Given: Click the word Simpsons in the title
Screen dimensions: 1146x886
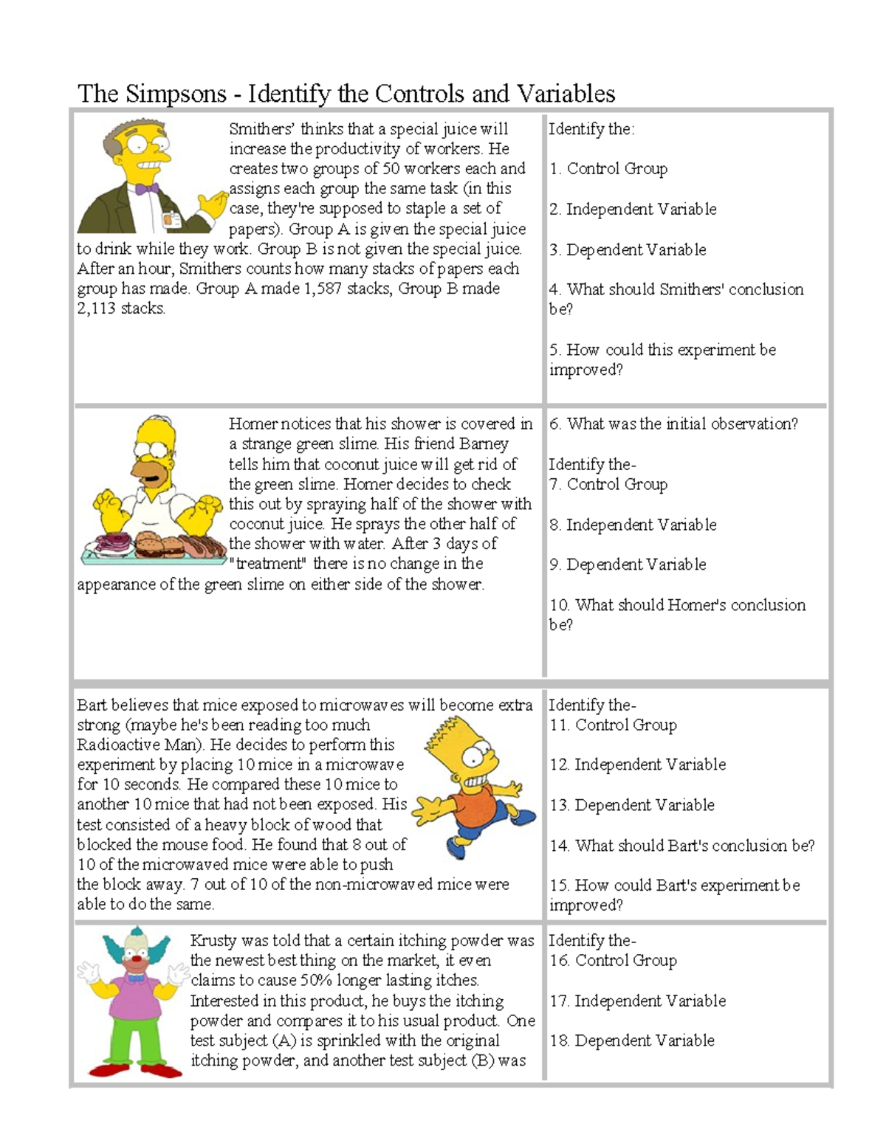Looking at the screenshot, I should [x=176, y=94].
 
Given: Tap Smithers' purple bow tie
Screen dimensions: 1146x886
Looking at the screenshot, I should [x=147, y=189].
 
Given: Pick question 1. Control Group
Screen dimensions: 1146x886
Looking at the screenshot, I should [x=608, y=169].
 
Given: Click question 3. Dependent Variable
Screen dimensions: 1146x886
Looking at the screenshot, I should [x=627, y=249].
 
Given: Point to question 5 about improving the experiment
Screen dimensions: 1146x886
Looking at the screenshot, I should [x=662, y=359].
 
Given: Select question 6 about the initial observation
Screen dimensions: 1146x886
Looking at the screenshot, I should [x=673, y=424].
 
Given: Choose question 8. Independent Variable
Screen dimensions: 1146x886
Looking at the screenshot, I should [x=632, y=525].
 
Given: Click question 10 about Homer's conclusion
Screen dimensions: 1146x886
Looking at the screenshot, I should [x=676, y=614].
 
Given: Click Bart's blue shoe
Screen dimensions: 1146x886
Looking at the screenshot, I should [x=523, y=816].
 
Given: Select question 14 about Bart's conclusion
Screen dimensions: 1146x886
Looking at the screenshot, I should [x=681, y=846].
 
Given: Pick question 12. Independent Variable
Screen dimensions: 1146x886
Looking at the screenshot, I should [x=636, y=764].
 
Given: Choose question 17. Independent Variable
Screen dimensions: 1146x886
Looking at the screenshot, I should [x=636, y=1001].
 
